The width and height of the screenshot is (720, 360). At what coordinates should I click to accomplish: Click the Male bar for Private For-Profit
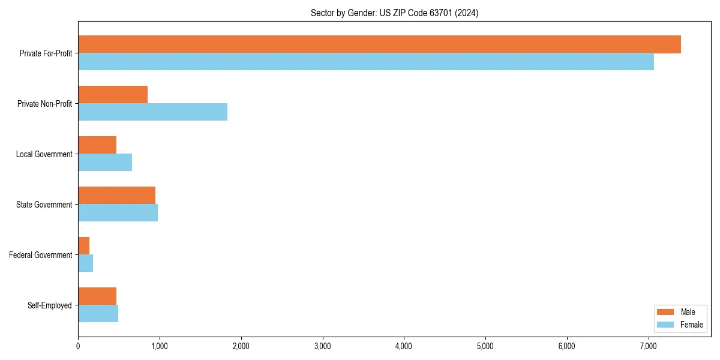pos(379,44)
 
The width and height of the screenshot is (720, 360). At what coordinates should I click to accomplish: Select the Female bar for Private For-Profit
pos(366,62)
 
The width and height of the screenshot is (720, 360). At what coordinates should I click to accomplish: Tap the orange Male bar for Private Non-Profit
pos(113,95)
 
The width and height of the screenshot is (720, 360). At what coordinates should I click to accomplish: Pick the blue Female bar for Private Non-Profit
pos(152,112)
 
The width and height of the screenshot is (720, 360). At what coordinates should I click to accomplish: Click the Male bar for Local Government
pos(97,145)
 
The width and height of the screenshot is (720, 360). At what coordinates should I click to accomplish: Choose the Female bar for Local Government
pos(105,163)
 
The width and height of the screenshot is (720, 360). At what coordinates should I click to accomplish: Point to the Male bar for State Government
pos(116,196)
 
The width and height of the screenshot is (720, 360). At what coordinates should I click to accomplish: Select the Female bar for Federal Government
pos(86,263)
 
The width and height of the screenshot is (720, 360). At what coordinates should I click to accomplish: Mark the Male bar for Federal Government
pos(84,246)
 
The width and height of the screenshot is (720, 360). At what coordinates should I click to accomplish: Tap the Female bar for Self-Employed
pos(98,314)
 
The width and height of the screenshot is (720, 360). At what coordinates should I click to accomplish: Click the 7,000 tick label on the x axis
pos(649,346)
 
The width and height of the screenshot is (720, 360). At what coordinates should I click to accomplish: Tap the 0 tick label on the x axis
pos(78,346)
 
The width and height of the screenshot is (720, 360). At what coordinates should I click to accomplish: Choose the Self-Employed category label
pos(50,305)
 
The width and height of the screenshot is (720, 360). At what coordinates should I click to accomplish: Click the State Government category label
pos(44,205)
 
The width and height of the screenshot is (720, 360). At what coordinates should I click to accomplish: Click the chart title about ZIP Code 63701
pos(394,13)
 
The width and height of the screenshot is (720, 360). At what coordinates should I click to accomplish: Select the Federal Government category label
pos(41,255)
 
